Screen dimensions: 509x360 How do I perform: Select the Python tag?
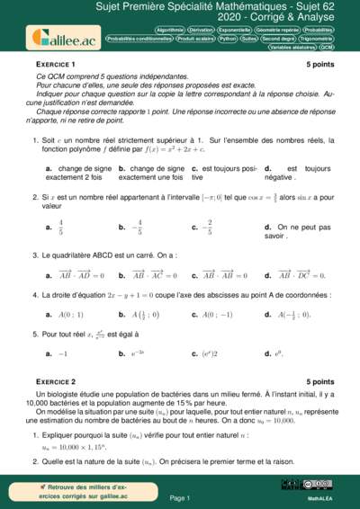pos(227,39)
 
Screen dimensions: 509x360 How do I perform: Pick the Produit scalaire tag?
pos(195,39)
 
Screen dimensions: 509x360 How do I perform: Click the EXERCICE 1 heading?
pos(55,66)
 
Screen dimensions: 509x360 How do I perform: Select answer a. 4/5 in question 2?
pos(56,228)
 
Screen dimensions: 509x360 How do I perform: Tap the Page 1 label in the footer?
pos(179,497)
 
